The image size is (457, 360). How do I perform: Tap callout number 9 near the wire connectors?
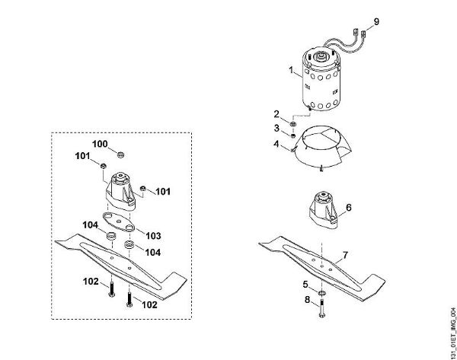376,20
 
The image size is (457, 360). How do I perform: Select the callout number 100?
101,143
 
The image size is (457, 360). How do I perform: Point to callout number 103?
153,235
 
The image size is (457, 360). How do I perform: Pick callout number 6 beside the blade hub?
348,207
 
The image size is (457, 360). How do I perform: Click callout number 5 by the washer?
305,284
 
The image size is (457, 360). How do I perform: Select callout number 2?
277,113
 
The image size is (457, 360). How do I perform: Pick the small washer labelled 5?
323,290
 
